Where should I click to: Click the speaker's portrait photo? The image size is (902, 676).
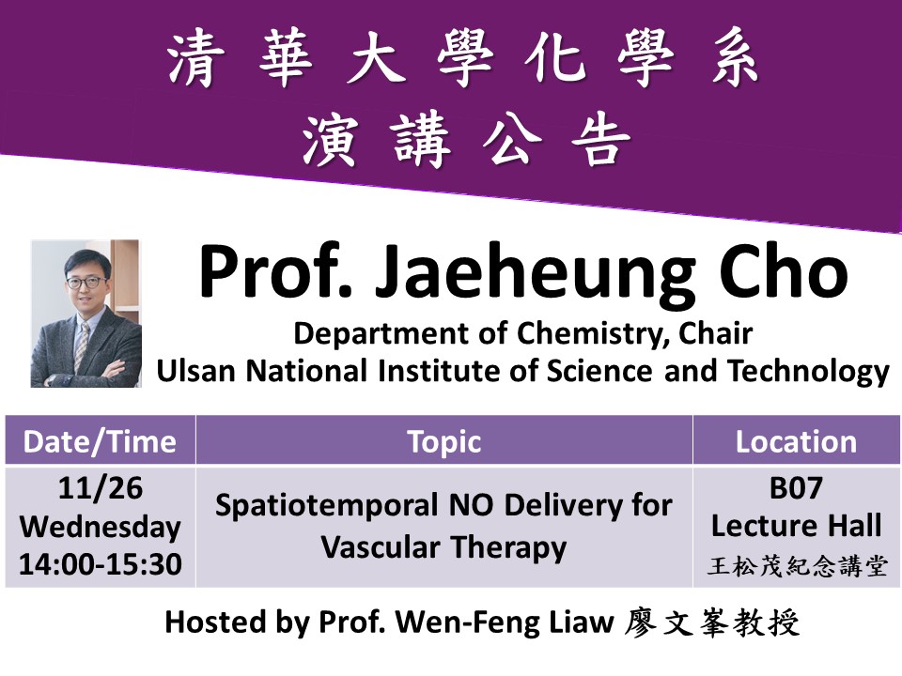(86, 314)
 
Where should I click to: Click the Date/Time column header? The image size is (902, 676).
(100, 441)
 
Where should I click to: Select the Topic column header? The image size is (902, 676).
(444, 441)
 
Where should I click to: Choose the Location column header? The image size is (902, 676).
(796, 441)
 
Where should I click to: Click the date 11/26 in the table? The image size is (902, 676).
(101, 488)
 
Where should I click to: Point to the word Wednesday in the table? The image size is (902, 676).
(101, 527)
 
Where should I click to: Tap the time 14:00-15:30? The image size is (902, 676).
(101, 564)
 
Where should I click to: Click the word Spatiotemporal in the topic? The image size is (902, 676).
(327, 506)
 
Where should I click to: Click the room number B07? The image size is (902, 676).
(796, 488)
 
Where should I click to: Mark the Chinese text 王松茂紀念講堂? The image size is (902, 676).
(797, 566)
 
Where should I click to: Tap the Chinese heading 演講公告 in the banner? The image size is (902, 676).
(467, 140)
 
